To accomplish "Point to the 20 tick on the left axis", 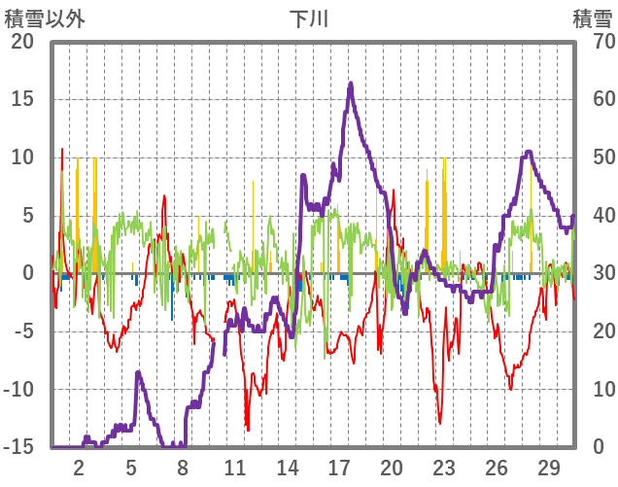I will tap(21, 41).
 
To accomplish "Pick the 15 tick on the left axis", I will tap(21, 99).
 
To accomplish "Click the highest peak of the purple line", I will tap(351, 84).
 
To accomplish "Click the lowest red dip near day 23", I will tap(440, 423).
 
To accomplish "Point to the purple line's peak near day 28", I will tap(529, 152).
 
